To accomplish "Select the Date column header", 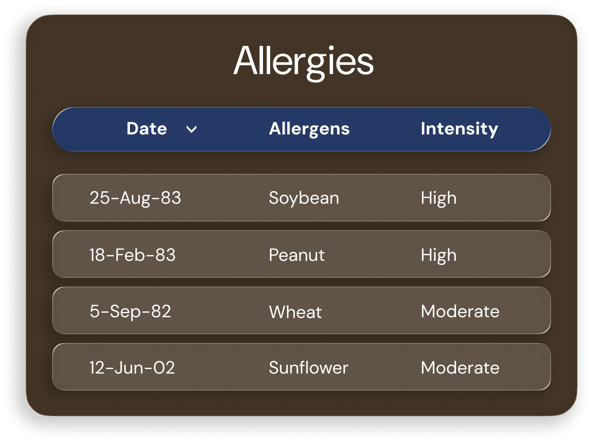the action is click(x=147, y=128).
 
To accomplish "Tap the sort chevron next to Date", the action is click(x=191, y=129).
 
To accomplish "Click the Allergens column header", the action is click(x=309, y=130).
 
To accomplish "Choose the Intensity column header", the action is click(x=459, y=130).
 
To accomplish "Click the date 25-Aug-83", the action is click(x=135, y=198).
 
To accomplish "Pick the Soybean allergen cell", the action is click(x=304, y=198).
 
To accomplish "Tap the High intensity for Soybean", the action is click(x=438, y=198).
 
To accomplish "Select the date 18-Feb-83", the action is click(x=132, y=255).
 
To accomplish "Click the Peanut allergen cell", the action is click(x=297, y=255).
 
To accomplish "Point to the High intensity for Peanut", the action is click(x=438, y=255).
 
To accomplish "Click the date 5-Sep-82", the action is click(x=130, y=312).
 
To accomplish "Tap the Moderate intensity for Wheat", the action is click(x=460, y=311).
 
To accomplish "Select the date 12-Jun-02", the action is click(x=132, y=368).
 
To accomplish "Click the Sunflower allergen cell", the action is click(x=308, y=368).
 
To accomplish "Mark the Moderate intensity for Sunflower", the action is click(x=460, y=368).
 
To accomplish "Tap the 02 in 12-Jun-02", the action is click(x=164, y=368).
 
